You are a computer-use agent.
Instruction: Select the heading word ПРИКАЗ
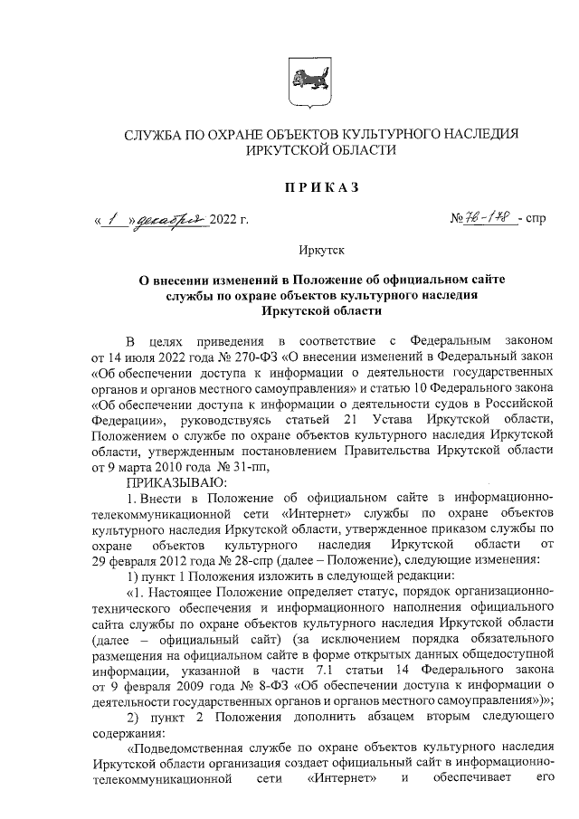tap(322, 187)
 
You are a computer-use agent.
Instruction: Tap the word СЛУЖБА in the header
tap(154, 135)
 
